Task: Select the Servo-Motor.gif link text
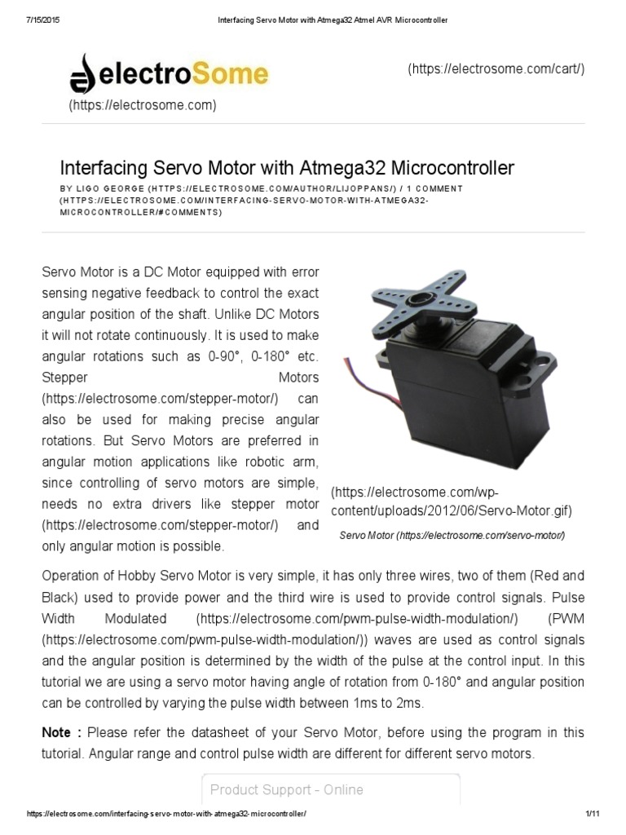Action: click(514, 511)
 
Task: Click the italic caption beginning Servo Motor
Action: click(452, 535)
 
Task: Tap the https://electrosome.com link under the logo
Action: click(143, 105)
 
